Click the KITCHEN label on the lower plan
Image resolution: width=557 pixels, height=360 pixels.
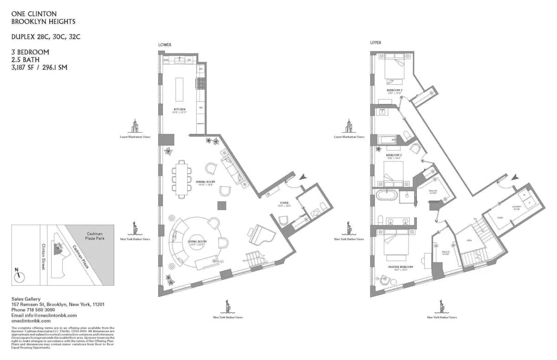(x=179, y=109)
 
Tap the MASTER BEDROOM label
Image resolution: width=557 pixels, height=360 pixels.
(x=400, y=267)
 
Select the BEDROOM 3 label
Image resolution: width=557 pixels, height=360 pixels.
(x=394, y=90)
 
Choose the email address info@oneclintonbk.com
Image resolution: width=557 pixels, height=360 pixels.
(x=37, y=315)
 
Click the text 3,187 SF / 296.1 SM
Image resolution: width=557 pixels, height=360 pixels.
(x=39, y=67)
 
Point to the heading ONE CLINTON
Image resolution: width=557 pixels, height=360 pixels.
(x=31, y=14)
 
